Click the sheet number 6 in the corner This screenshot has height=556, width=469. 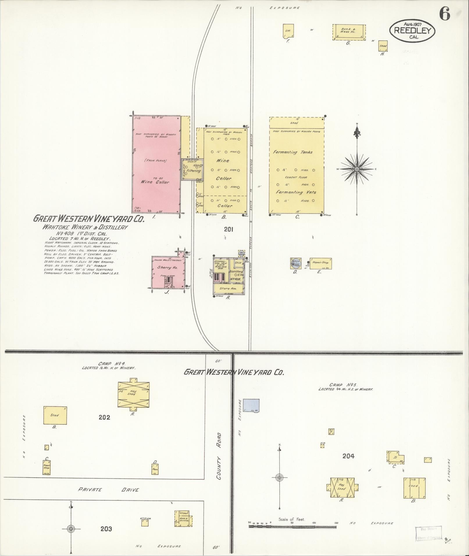click(x=445, y=14)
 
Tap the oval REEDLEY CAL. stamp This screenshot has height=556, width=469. click(x=412, y=30)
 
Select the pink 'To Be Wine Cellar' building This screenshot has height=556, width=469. click(x=156, y=164)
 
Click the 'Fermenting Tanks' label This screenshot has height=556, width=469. click(x=293, y=152)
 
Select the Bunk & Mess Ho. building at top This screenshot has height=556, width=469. click(x=349, y=32)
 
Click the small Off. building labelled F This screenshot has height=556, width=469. click(x=288, y=31)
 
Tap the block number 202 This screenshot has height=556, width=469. click(x=104, y=417)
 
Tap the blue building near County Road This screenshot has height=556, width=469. click(x=251, y=405)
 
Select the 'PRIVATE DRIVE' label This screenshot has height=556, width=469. click(x=108, y=490)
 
